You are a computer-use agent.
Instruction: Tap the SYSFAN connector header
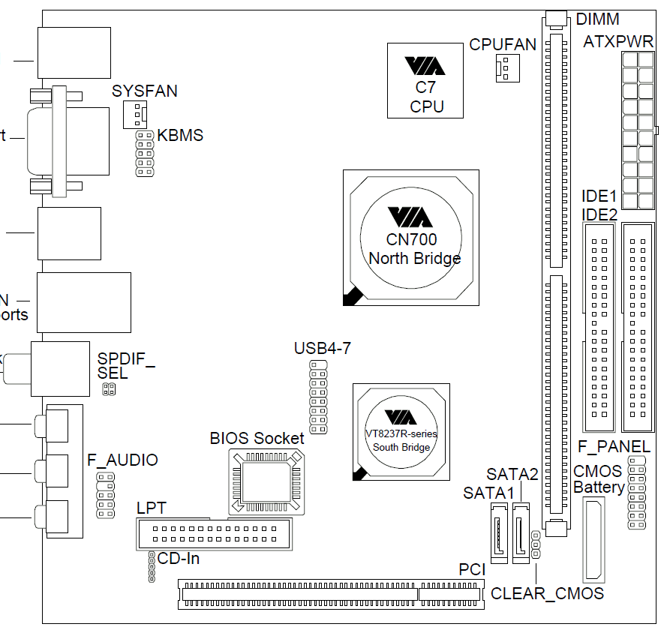pyautogui.click(x=134, y=115)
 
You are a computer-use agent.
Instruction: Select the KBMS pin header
pyautogui.click(x=144, y=154)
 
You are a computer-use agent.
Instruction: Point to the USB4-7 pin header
pyautogui.click(x=318, y=396)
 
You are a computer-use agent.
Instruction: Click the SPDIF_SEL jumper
pyautogui.click(x=109, y=389)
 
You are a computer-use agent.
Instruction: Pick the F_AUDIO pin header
pyautogui.click(x=104, y=494)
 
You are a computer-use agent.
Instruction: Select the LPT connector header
pyautogui.click(x=212, y=535)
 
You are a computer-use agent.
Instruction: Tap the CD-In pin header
pyautogui.click(x=152, y=567)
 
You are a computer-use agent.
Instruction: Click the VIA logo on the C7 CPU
pyautogui.click(x=425, y=67)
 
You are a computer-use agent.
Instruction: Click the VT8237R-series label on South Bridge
pyautogui.click(x=401, y=433)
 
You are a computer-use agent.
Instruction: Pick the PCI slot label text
pyautogui.click(x=472, y=571)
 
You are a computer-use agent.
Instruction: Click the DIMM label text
pyautogui.click(x=598, y=19)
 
